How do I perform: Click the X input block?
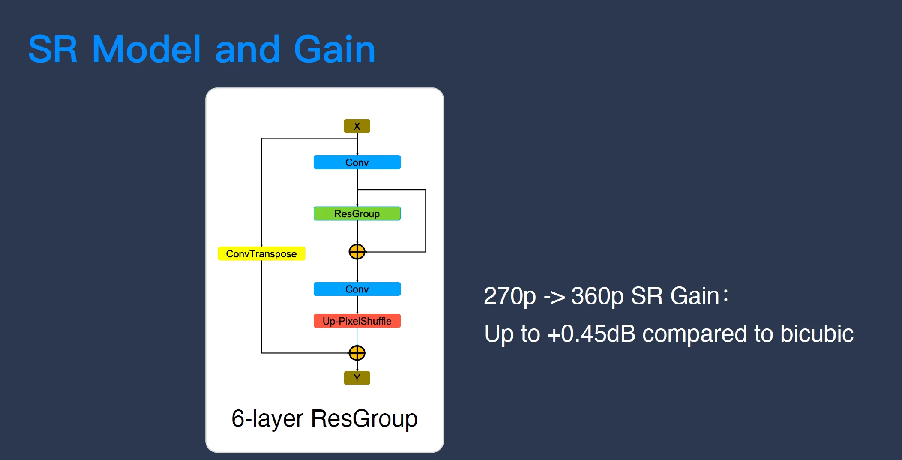[x=357, y=126]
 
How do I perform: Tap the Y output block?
[x=357, y=378]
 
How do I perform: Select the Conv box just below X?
[x=357, y=162]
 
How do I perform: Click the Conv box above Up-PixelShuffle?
[x=357, y=289]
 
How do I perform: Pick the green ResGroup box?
[x=357, y=213]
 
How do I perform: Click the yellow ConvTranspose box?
[x=261, y=254]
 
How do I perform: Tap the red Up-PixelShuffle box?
[x=357, y=321]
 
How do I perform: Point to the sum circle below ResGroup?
[x=357, y=252]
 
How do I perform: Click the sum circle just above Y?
[x=357, y=353]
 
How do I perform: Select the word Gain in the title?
[x=334, y=50]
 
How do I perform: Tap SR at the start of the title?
[x=53, y=50]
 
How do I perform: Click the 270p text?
[x=509, y=296]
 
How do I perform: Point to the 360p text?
[x=597, y=296]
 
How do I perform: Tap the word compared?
[x=695, y=334]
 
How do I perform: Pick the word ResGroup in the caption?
[x=364, y=418]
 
